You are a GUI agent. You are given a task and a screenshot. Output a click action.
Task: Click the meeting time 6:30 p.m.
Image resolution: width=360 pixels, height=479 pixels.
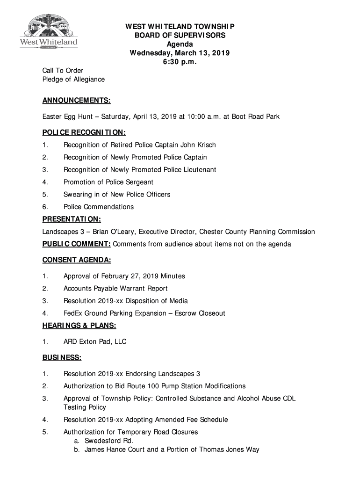(180, 62)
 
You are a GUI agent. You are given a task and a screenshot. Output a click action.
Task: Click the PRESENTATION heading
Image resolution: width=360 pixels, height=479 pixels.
(72, 219)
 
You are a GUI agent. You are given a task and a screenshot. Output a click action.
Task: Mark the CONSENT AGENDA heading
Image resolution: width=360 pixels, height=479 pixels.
(77, 260)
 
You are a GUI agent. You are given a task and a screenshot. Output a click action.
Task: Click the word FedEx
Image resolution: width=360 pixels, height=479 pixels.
(73, 313)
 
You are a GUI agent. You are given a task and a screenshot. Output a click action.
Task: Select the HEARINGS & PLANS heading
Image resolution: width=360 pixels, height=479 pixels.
(79, 326)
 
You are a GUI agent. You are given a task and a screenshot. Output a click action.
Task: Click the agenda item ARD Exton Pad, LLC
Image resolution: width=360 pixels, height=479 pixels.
(95, 342)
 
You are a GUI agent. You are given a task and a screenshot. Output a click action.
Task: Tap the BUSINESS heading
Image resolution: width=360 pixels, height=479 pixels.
(62, 358)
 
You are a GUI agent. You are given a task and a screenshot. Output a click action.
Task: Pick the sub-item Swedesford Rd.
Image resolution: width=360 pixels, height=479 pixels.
(109, 441)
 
